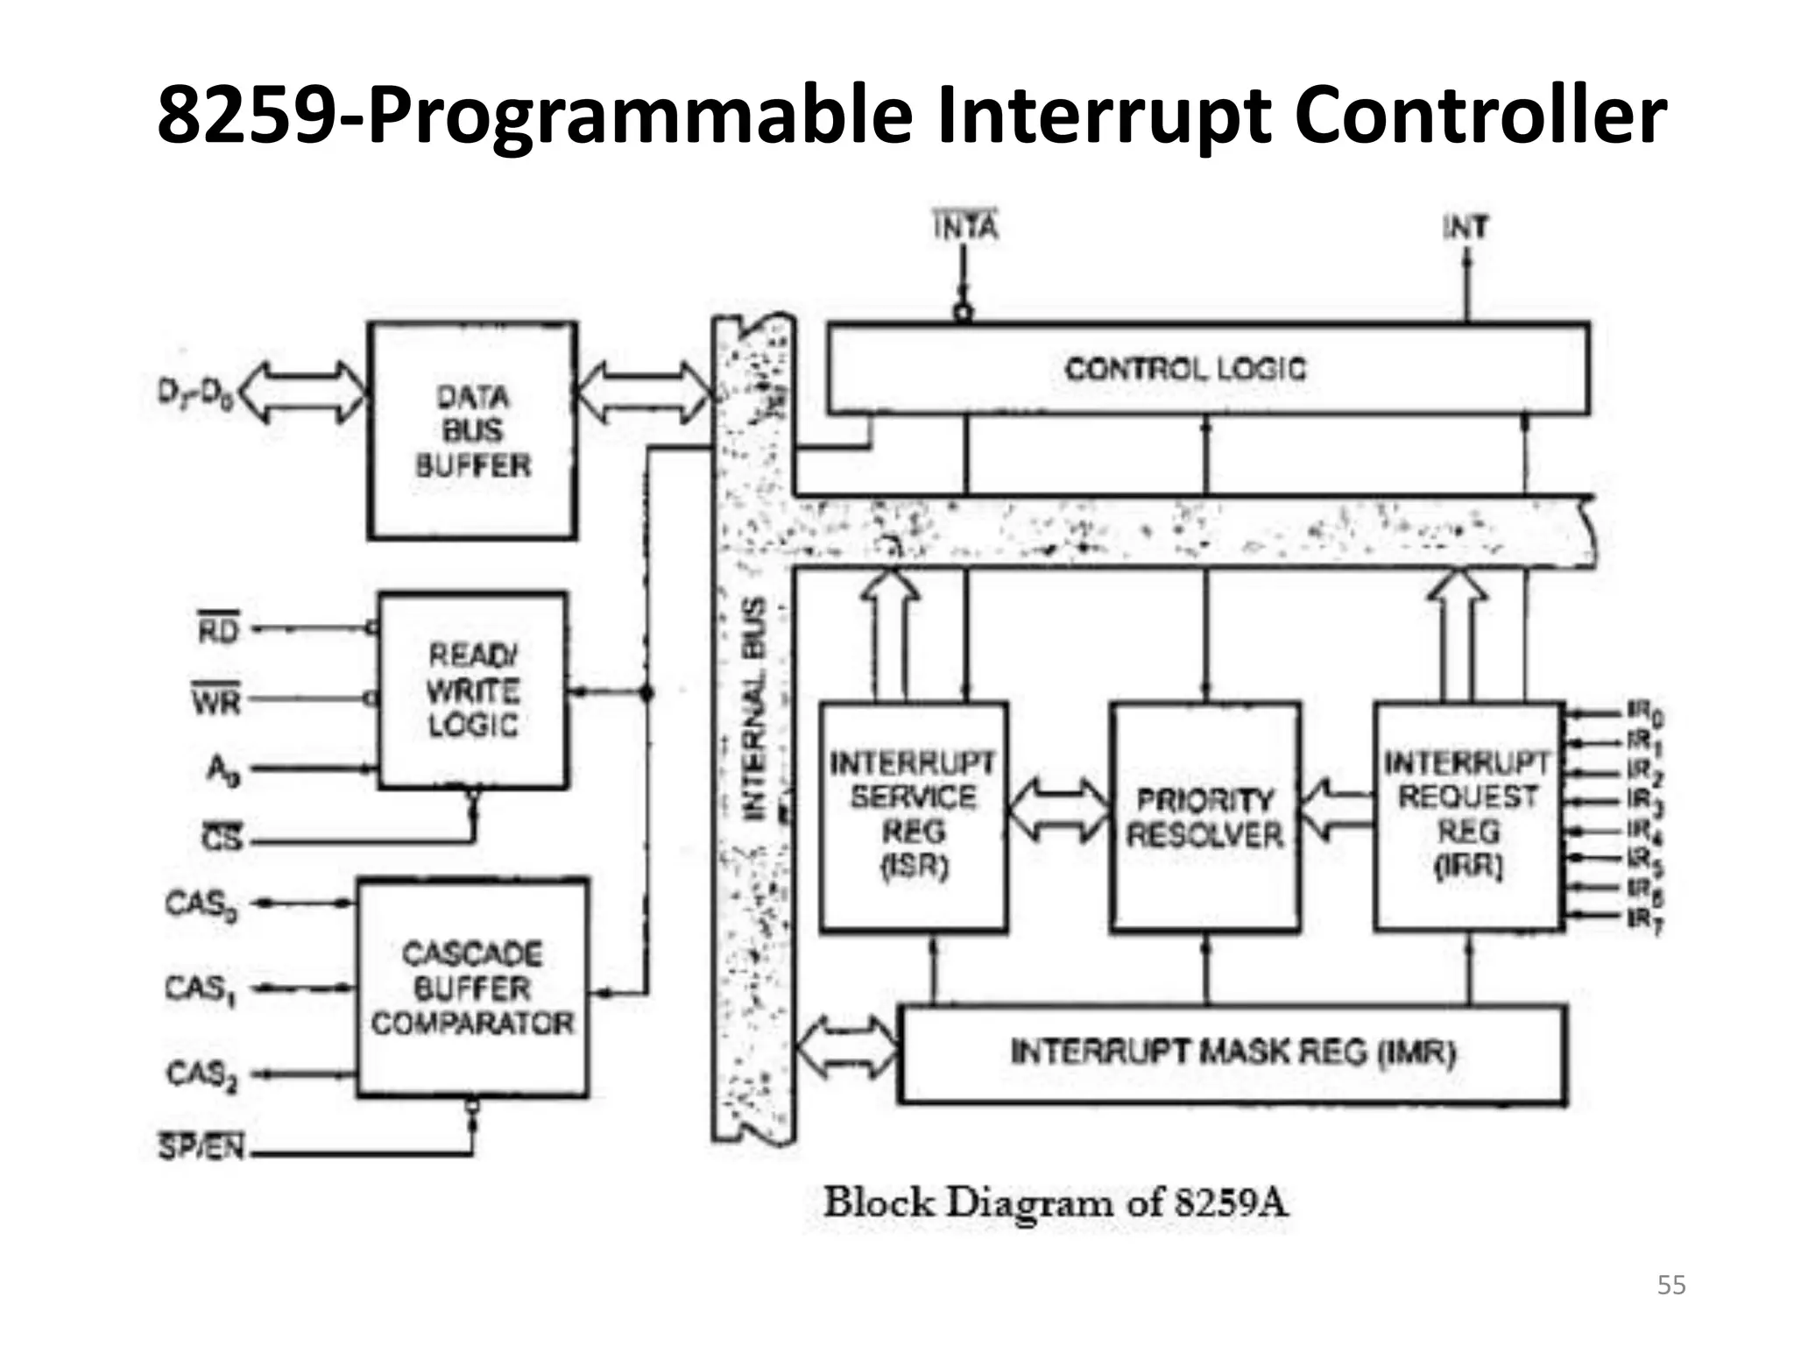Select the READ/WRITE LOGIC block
(473, 691)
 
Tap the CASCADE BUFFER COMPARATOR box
(472, 988)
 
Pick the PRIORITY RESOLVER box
(1204, 816)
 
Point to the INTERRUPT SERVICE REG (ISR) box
(914, 815)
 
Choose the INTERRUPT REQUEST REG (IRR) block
(1468, 815)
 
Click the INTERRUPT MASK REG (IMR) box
(1232, 1052)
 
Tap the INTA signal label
(964, 226)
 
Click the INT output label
(1465, 228)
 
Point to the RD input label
(218, 628)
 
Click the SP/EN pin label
(201, 1146)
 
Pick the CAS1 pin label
(201, 989)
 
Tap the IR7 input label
(1644, 919)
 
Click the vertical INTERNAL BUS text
(754, 709)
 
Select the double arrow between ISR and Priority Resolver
(1058, 810)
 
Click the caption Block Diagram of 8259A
(1056, 1202)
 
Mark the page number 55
(1670, 1286)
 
